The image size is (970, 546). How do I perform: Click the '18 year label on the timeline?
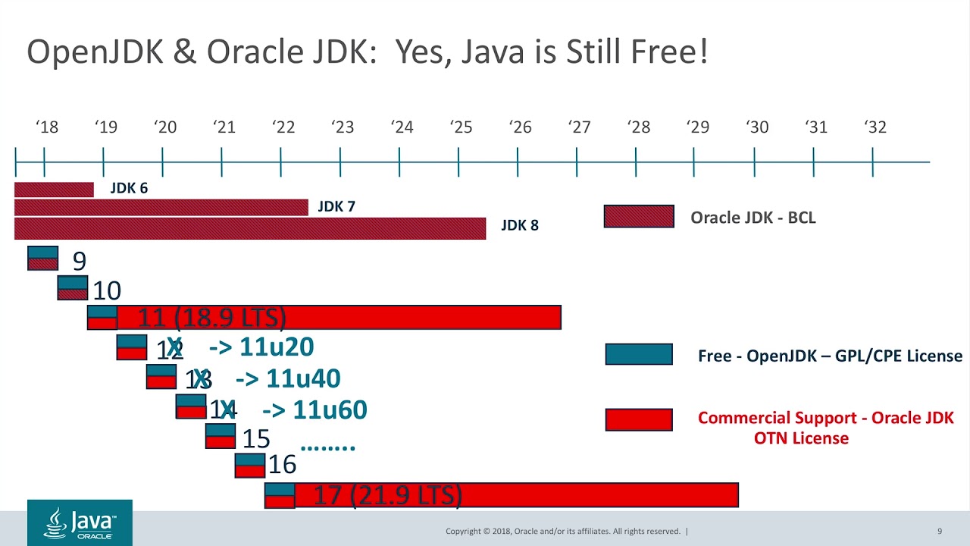pyautogui.click(x=47, y=127)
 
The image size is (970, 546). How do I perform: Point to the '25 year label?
pyautogui.click(x=461, y=127)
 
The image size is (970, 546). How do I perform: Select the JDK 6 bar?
pyautogui.click(x=54, y=190)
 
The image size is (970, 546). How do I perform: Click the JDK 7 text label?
pyautogui.click(x=336, y=206)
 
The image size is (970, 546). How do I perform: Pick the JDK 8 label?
pyautogui.click(x=520, y=225)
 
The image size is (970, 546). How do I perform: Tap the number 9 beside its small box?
pyautogui.click(x=80, y=261)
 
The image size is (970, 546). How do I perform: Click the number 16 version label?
pyautogui.click(x=282, y=464)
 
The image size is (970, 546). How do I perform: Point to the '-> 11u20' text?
pyautogui.click(x=261, y=347)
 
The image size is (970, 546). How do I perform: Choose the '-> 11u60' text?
pyautogui.click(x=314, y=410)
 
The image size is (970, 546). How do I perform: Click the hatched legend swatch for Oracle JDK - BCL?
pyautogui.click(x=639, y=217)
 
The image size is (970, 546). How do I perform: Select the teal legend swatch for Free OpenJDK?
pyautogui.click(x=639, y=354)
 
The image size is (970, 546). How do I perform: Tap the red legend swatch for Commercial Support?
pyautogui.click(x=639, y=419)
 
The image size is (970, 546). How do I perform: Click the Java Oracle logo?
pyautogui.click(x=80, y=522)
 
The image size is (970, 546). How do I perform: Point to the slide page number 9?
pyautogui.click(x=940, y=531)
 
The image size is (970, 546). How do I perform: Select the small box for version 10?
pyautogui.click(x=73, y=288)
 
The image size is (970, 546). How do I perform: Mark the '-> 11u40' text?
pyautogui.click(x=288, y=378)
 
